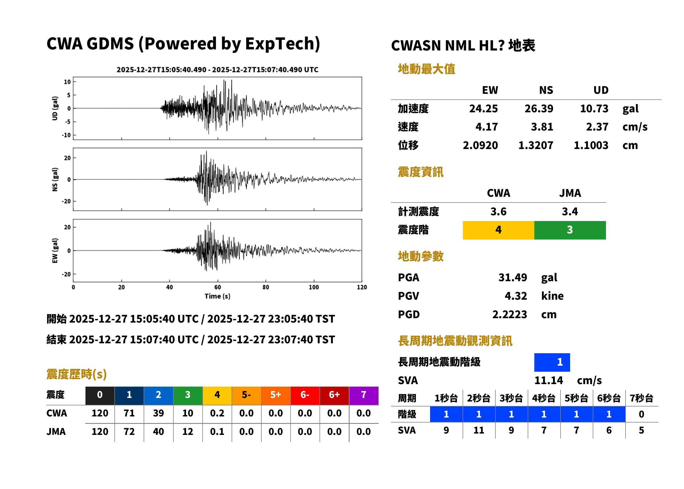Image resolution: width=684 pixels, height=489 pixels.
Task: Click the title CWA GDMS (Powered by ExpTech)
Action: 183,44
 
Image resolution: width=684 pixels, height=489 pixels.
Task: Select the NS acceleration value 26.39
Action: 539,108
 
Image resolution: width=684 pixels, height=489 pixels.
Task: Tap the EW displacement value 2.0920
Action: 480,145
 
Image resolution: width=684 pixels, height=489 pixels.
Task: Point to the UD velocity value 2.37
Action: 597,127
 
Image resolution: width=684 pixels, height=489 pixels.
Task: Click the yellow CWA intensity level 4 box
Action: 498,230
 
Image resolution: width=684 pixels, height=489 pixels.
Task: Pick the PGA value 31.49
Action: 513,277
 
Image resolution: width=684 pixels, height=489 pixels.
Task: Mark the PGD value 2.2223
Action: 509,314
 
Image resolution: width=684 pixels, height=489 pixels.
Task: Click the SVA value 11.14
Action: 549,380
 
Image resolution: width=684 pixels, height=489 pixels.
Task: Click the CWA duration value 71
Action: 129,413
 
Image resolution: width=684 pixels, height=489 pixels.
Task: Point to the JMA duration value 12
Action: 188,432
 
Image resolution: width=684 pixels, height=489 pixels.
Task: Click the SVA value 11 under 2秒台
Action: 479,430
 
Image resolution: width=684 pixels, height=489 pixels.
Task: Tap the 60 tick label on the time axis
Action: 218,287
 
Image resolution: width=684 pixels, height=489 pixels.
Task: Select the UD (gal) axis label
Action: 55,108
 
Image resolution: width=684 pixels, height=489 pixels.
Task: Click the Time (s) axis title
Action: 218,296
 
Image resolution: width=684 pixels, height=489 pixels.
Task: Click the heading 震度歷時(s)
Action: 77,374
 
